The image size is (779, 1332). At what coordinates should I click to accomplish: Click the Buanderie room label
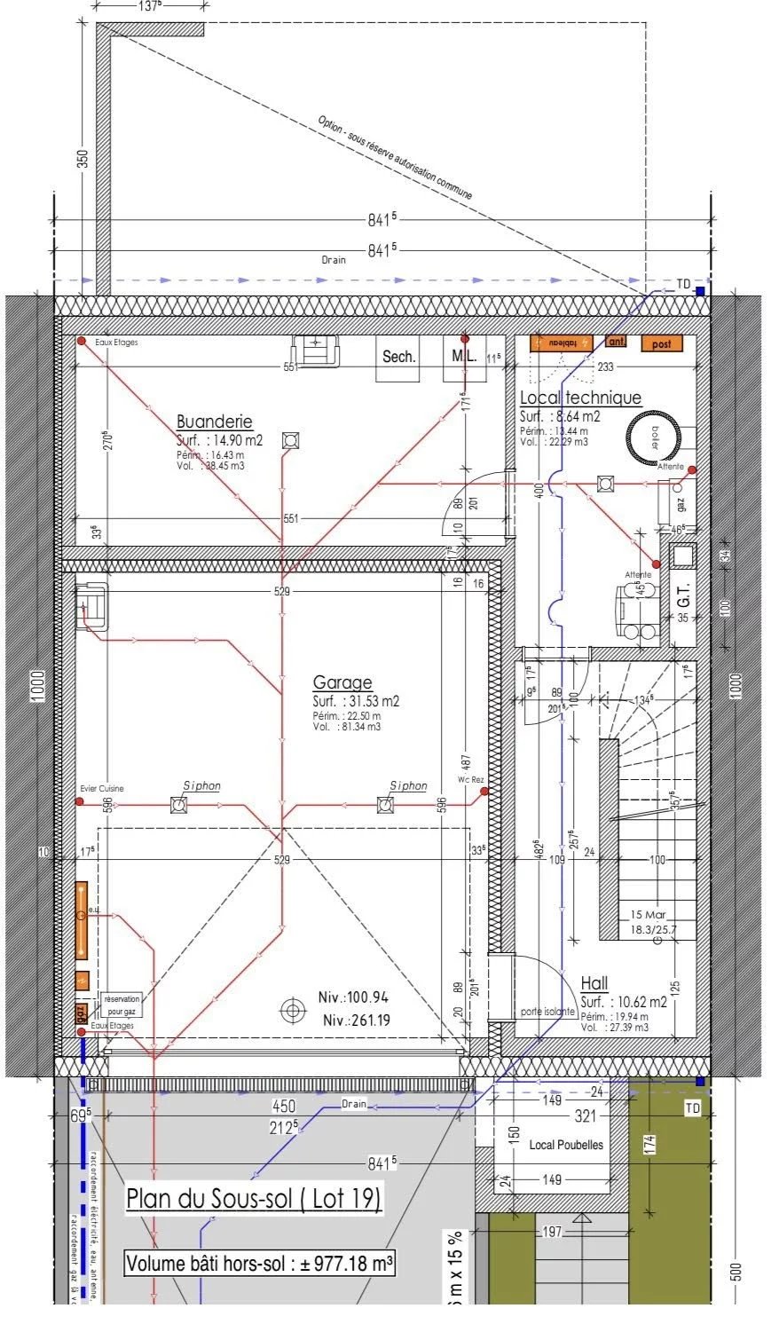(214, 422)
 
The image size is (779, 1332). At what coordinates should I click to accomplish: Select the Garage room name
(342, 682)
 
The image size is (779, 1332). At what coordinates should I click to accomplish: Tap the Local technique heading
(580, 398)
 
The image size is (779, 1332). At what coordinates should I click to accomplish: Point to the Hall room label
(594, 983)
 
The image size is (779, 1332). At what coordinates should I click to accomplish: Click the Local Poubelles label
(565, 1145)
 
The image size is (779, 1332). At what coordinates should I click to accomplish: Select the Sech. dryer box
(398, 357)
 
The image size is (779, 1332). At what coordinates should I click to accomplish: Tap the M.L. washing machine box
(464, 357)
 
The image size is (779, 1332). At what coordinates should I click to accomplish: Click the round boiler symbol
(653, 436)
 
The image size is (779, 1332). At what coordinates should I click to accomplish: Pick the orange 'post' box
(662, 343)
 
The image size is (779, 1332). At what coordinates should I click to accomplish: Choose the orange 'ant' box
(616, 341)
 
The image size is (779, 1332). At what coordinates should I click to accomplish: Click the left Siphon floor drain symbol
(178, 805)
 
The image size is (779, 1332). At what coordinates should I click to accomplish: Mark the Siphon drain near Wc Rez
(385, 805)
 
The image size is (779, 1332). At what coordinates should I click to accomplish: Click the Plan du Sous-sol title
(254, 1198)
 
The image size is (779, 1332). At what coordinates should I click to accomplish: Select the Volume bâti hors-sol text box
(260, 1263)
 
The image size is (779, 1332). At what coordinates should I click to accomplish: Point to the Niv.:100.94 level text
(353, 997)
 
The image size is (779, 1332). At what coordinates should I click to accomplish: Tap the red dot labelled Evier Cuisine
(80, 801)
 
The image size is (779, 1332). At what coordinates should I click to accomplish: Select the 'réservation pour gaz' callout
(122, 1005)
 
